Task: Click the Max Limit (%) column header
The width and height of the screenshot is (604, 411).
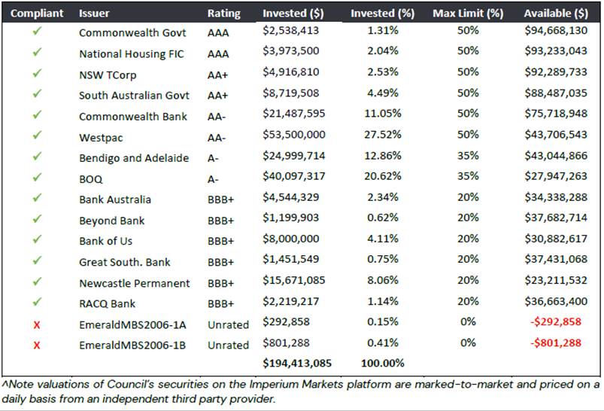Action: [x=467, y=14]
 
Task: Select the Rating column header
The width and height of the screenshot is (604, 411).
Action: [x=223, y=14]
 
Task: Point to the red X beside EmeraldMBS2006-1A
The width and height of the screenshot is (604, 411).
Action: [x=37, y=324]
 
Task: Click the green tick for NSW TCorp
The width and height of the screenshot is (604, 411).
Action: [x=37, y=75]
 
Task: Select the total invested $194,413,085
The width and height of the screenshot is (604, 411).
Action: [x=296, y=364]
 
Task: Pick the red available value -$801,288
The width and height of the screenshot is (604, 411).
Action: [x=558, y=345]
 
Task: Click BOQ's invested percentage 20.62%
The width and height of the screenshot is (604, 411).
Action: [x=383, y=179]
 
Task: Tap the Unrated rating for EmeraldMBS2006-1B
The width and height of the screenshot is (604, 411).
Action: [x=228, y=345]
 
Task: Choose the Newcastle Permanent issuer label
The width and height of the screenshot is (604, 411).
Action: [x=135, y=283]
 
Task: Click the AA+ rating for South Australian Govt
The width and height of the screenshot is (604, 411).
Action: [x=219, y=96]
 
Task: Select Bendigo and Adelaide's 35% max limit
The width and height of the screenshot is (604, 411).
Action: [x=467, y=158]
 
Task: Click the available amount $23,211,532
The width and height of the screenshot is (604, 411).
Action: [x=557, y=283]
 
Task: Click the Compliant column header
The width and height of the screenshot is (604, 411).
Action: [x=36, y=14]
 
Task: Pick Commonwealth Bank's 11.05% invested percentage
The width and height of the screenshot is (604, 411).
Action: [x=383, y=117]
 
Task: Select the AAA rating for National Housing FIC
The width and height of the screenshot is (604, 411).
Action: [x=218, y=54]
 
